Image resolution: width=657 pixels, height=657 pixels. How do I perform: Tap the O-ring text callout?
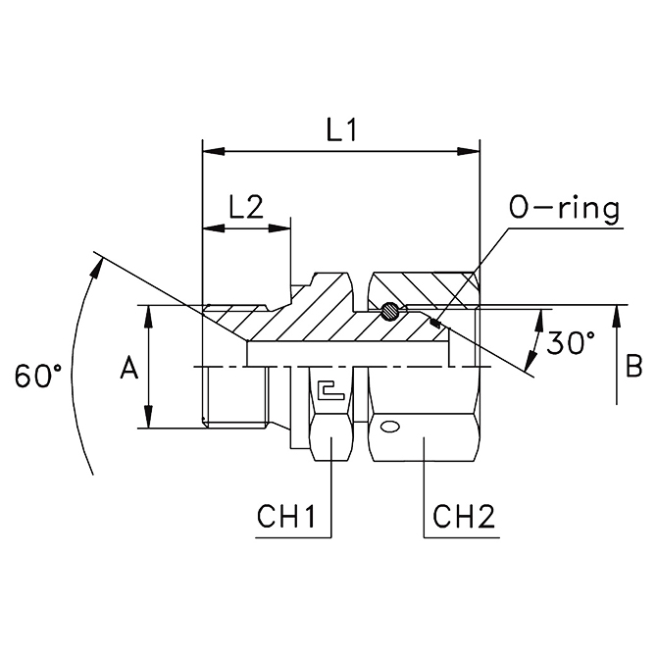click(565, 208)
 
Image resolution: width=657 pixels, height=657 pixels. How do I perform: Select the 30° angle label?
click(570, 342)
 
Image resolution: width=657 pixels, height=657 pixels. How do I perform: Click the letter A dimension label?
click(127, 368)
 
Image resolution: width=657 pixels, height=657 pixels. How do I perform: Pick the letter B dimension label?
click(633, 367)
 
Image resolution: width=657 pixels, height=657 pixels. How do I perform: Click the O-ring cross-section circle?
click(389, 313)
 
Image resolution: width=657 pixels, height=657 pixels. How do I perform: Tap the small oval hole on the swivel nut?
click(389, 427)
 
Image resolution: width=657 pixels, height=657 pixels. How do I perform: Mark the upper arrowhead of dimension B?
click(615, 313)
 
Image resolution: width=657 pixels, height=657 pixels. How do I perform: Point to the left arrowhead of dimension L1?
click(209, 152)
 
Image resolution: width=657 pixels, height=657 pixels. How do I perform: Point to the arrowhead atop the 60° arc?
click(98, 263)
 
